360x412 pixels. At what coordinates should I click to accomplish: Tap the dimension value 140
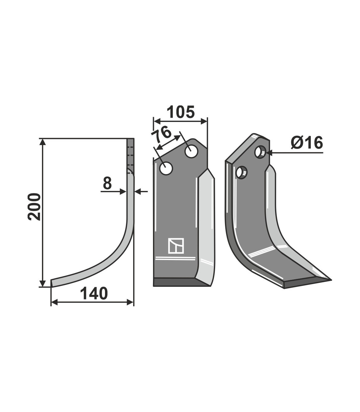click(x=94, y=293)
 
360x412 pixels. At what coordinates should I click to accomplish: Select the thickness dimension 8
click(x=107, y=183)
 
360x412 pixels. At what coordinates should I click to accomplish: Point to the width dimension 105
click(x=181, y=112)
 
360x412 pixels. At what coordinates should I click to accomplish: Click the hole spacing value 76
click(x=161, y=134)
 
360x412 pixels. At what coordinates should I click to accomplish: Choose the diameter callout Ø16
click(x=307, y=143)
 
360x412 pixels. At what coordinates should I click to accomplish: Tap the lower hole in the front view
click(x=166, y=168)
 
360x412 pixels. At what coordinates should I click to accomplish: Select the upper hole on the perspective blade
click(x=261, y=152)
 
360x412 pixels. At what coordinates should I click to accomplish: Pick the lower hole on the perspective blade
click(x=242, y=172)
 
